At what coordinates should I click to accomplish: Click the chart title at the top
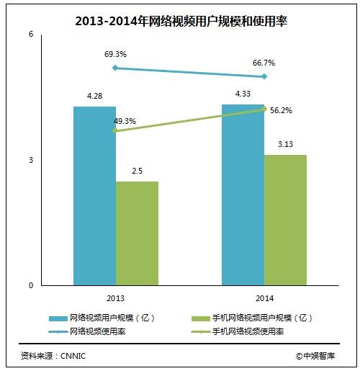coord(180,22)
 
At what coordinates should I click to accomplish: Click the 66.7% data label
coord(264,63)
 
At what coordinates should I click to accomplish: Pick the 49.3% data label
coord(125,121)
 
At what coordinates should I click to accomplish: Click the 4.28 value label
coord(95,96)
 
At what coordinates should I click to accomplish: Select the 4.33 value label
coord(243,94)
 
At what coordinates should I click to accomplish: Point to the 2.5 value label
coord(137,171)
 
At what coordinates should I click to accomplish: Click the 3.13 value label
coord(286,145)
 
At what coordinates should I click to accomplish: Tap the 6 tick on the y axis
coord(31,35)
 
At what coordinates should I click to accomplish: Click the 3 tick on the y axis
coord(31,160)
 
